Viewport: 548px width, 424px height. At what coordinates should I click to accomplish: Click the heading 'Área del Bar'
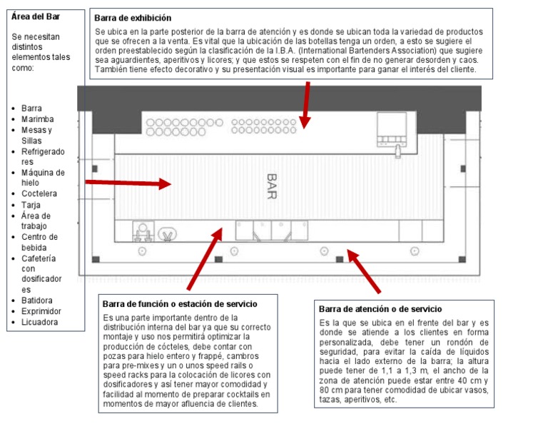click(x=35, y=16)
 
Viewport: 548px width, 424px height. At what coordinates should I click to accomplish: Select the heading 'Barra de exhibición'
click(x=133, y=18)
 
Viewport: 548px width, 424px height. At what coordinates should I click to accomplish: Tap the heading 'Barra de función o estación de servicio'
click(x=180, y=304)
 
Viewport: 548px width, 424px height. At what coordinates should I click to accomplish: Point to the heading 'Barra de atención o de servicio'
click(x=380, y=309)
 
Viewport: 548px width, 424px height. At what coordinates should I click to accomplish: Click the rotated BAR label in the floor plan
click(x=272, y=186)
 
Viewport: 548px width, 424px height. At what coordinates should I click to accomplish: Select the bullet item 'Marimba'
click(x=37, y=119)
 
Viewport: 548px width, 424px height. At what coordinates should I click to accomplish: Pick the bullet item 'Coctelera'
click(x=39, y=193)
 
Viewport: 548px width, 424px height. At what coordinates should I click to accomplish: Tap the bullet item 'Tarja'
click(x=31, y=205)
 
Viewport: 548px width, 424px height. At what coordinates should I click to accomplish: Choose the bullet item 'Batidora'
click(x=36, y=301)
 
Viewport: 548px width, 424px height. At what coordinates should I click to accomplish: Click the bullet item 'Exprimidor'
click(x=41, y=311)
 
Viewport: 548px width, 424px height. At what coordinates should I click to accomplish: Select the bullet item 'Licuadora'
click(x=39, y=322)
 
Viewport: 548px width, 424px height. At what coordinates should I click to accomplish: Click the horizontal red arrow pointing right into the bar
click(x=128, y=183)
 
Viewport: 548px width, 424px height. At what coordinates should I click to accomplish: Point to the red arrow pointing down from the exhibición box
click(x=306, y=105)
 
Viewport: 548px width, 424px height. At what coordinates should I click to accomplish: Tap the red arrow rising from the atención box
click(x=363, y=271)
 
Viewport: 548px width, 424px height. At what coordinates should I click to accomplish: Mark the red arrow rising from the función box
click(x=205, y=258)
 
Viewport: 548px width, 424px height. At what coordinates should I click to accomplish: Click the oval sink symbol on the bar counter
click(x=168, y=234)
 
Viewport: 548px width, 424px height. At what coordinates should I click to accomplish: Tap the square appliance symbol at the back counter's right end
click(x=392, y=129)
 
